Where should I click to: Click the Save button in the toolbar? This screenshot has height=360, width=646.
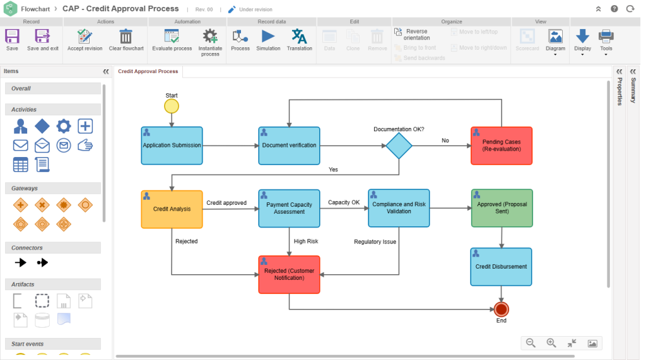[x=12, y=38]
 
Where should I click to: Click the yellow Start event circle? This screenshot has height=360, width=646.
[x=171, y=106]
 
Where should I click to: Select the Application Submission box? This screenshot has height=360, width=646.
[x=172, y=146]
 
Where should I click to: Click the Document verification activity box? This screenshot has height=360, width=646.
[x=289, y=146]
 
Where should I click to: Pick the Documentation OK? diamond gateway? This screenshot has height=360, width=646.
[x=399, y=146]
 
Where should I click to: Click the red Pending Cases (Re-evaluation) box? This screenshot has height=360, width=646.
[x=501, y=146]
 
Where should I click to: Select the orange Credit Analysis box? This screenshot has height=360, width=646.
[x=172, y=209]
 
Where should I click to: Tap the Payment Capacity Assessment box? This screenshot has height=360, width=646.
[x=289, y=209]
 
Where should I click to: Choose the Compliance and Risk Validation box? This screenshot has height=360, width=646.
[x=399, y=208]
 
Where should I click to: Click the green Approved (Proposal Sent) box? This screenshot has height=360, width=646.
[x=502, y=208]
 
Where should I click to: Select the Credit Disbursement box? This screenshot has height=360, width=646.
[x=501, y=267]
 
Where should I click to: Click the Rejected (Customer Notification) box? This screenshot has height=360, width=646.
[x=289, y=274]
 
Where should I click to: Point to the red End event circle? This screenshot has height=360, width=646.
[x=501, y=309]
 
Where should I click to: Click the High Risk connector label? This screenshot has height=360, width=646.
[x=306, y=241]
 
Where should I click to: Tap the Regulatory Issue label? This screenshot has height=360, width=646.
[x=375, y=241]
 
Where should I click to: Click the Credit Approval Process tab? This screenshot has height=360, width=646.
[x=148, y=71]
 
